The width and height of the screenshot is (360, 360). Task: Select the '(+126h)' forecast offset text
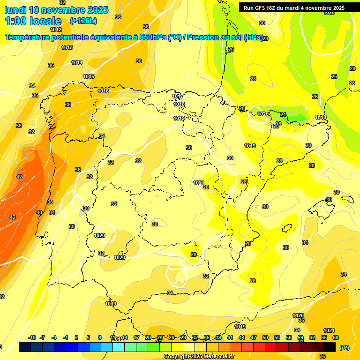coord(83,21)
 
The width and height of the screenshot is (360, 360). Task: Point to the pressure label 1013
coord(67,47)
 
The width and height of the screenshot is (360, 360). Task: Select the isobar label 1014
coord(77,62)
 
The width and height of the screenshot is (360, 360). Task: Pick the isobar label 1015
coord(89,76)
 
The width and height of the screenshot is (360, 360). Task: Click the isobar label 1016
coord(103,91)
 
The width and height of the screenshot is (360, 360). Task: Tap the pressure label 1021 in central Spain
coord(198,183)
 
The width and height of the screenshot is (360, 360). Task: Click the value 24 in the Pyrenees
coord(283,114)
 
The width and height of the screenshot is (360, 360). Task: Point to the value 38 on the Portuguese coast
coord(50,202)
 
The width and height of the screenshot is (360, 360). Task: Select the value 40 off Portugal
coord(39,212)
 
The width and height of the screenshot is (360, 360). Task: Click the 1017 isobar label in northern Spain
coord(178,96)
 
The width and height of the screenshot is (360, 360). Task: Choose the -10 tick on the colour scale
coord(32,337)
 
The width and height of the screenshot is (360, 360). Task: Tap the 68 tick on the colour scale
coord(336,337)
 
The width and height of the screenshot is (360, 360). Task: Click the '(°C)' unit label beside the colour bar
coord(345,348)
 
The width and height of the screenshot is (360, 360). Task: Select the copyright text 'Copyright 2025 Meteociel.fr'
coord(199,357)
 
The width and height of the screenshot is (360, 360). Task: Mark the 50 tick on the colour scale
coord(265,337)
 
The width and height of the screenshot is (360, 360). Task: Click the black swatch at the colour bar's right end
coord(330,347)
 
